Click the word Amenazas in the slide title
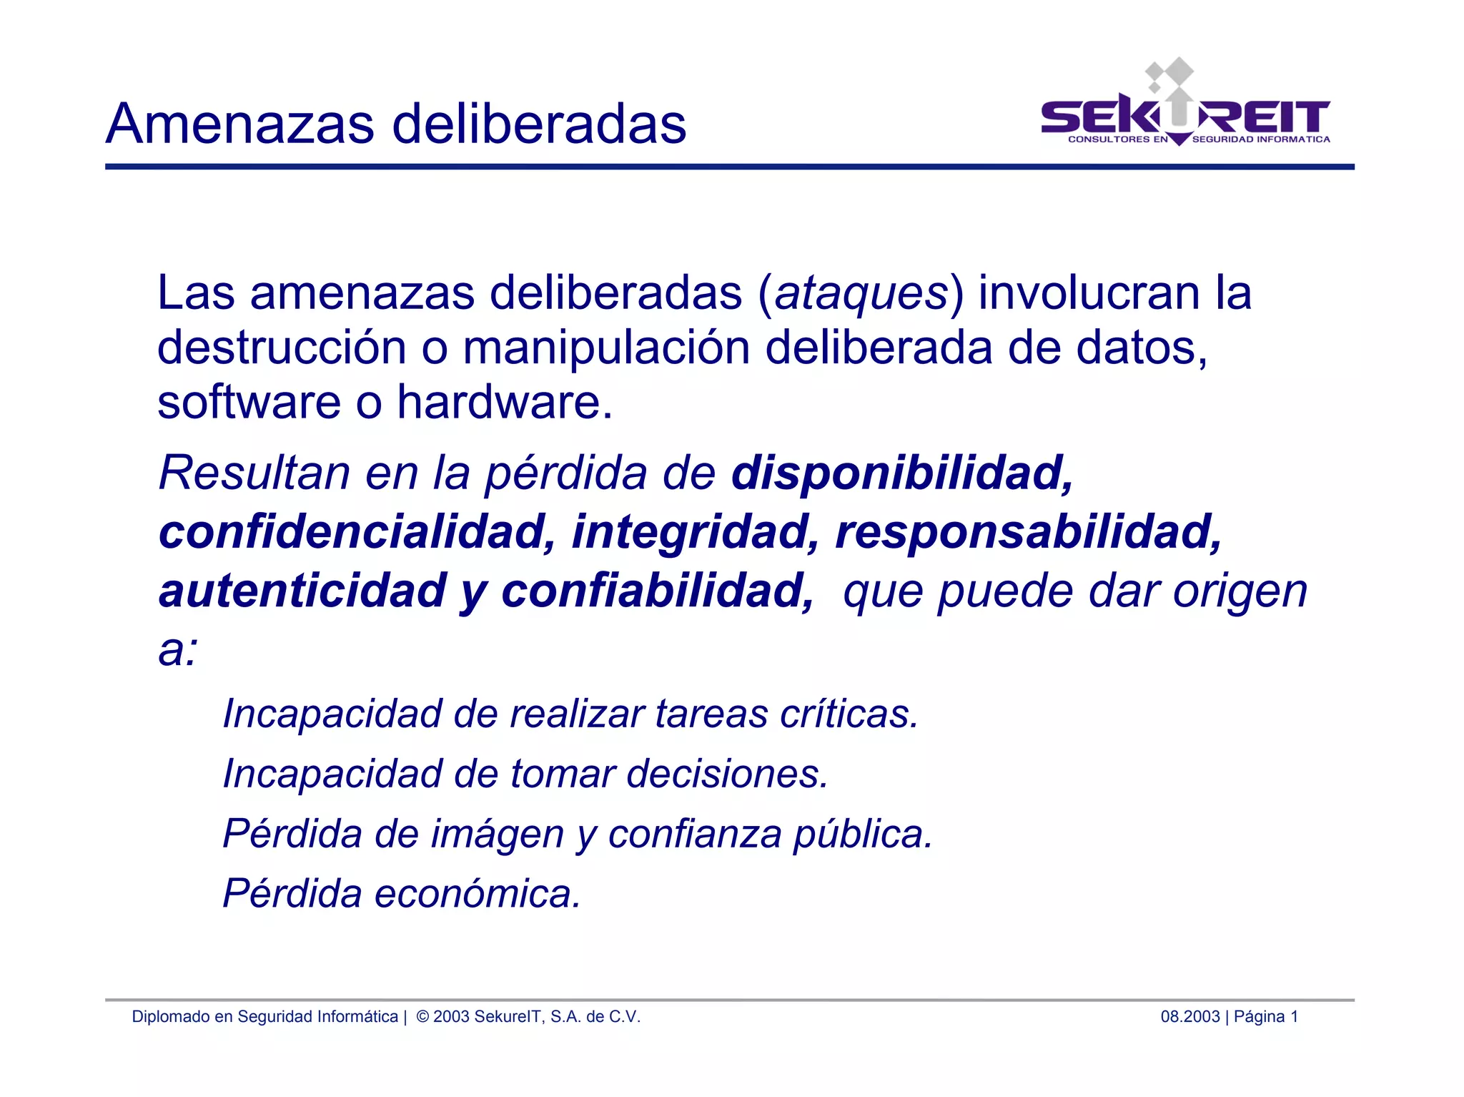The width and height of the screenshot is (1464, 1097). (x=240, y=124)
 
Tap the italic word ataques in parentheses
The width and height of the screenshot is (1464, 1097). (x=861, y=293)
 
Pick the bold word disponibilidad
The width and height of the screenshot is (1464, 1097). (x=902, y=473)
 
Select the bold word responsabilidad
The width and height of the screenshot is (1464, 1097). (x=1029, y=532)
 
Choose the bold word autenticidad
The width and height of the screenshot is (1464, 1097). (x=302, y=591)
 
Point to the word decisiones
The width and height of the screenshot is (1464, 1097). (x=727, y=774)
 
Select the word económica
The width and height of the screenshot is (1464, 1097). (x=478, y=894)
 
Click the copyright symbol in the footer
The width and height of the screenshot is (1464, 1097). (x=422, y=1017)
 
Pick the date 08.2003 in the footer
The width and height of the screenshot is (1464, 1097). (x=1189, y=1017)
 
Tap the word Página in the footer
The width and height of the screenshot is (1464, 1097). (x=1259, y=1017)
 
